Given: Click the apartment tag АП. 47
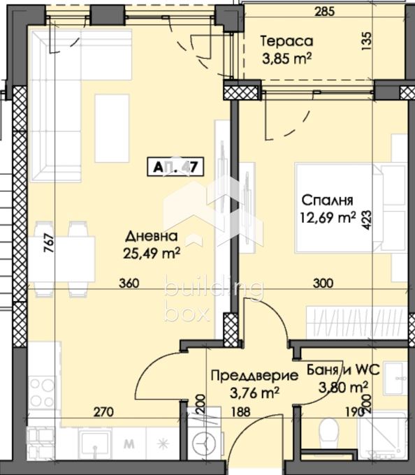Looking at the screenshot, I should pyautogui.click(x=175, y=167).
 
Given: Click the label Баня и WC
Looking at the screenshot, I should pyautogui.click(x=337, y=371).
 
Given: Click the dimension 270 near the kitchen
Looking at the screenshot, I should pyautogui.click(x=104, y=412).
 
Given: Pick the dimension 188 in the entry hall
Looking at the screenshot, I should pyautogui.click(x=241, y=412).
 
